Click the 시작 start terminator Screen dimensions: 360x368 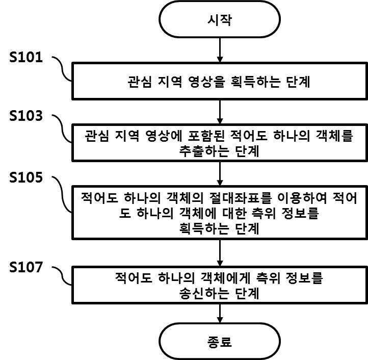pos(220,19)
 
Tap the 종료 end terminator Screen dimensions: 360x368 pos(220,341)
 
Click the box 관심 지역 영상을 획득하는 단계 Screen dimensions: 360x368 pos(220,81)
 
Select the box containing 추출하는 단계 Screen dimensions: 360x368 pos(220,143)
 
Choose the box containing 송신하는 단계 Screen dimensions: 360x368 pos(220,286)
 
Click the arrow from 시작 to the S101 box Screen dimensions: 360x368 pos(220,49)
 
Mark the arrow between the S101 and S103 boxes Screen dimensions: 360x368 pos(220,111)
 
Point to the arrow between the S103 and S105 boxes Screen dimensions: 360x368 pos(220,174)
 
